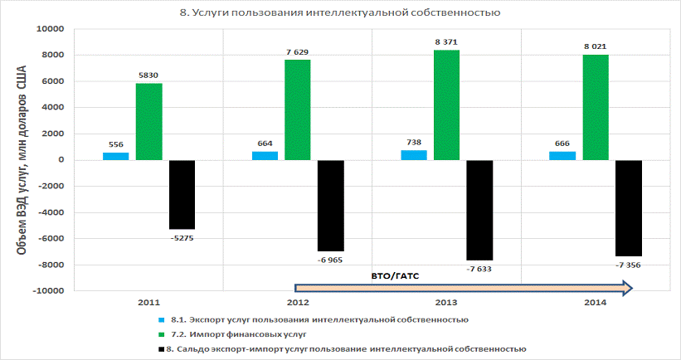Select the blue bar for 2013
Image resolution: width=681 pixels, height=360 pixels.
coord(414,155)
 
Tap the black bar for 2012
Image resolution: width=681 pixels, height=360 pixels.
coord(331,205)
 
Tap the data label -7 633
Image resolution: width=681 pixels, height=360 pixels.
coord(480,269)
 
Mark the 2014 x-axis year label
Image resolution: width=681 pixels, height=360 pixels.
coord(596,304)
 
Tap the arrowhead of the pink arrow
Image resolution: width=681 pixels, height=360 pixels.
coord(627,288)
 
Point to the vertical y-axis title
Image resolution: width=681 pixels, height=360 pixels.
coord(22,158)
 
